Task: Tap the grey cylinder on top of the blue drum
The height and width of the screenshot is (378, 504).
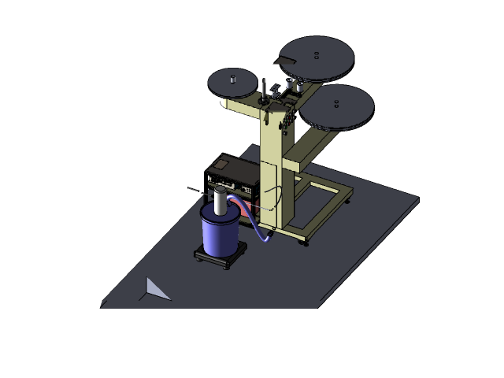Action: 219,200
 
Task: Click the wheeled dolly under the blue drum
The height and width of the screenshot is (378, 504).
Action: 221,257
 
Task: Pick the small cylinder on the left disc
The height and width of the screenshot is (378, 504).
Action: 233,79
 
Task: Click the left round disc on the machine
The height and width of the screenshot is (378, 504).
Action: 233,83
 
